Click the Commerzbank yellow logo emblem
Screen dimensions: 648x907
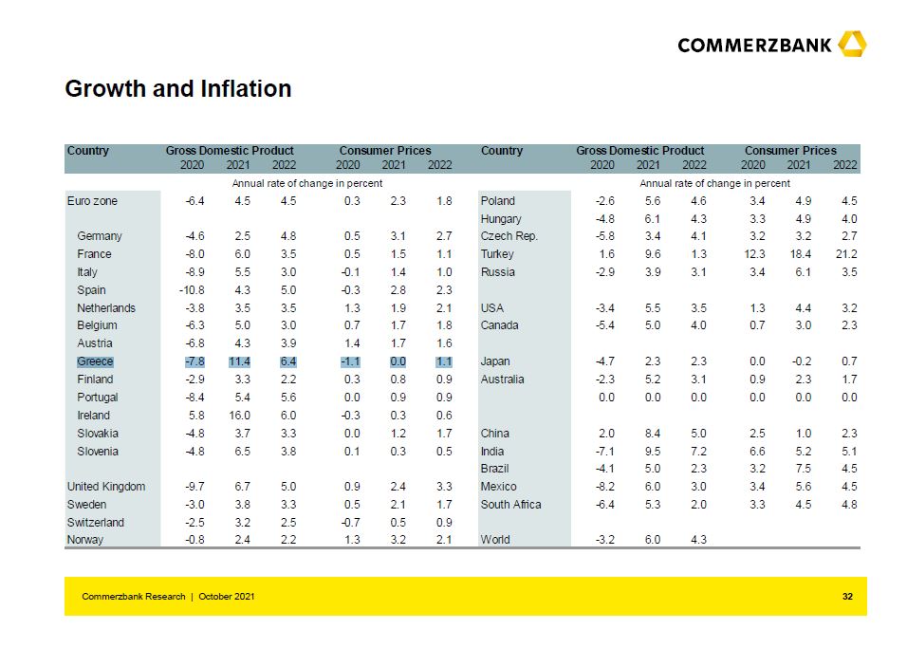(x=852, y=44)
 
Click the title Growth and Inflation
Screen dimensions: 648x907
(x=177, y=89)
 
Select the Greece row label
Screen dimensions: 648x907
(x=95, y=361)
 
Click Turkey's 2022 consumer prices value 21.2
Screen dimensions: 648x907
(x=843, y=254)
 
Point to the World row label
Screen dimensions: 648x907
(x=495, y=540)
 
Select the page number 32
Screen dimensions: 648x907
(x=847, y=596)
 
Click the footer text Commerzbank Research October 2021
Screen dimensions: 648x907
(x=168, y=596)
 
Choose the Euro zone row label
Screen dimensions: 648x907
(x=92, y=201)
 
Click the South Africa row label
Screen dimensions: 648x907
(x=510, y=505)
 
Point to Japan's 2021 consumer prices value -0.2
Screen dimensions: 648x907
(x=801, y=361)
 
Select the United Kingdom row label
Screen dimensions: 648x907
(x=106, y=487)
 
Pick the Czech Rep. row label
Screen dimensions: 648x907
(x=509, y=236)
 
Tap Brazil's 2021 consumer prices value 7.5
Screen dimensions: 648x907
(x=804, y=469)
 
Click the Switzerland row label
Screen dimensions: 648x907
(x=96, y=523)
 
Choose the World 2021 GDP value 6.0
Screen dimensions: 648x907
(x=652, y=540)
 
